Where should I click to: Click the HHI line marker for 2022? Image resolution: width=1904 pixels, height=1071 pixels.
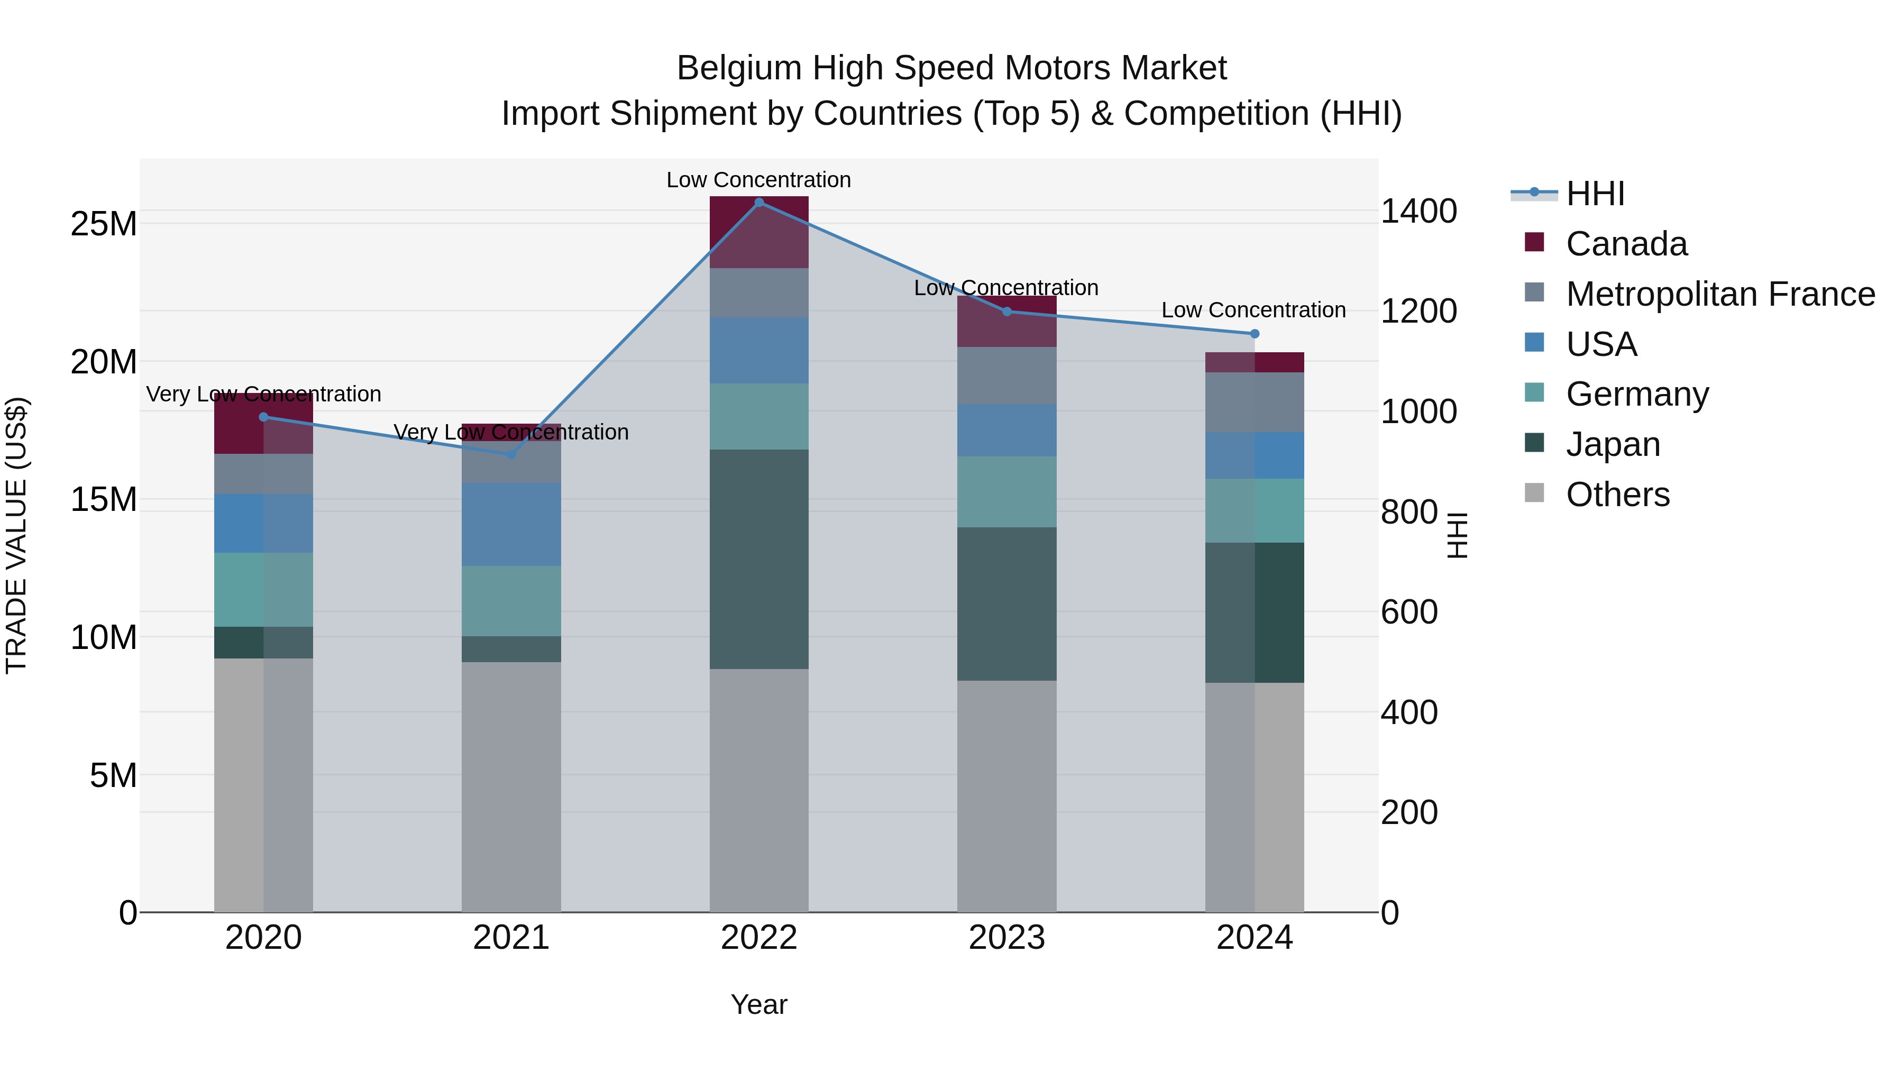coord(759,203)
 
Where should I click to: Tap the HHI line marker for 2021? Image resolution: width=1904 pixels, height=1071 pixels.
coord(511,454)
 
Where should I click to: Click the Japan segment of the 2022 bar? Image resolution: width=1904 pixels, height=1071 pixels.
coord(759,559)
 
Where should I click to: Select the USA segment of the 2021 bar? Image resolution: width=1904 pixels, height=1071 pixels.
coord(511,524)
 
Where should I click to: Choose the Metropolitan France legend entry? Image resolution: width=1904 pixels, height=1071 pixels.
coord(1720,294)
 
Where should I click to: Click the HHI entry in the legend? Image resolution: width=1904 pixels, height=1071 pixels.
coord(1594,194)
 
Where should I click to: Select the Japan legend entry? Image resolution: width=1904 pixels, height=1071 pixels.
coord(1613,444)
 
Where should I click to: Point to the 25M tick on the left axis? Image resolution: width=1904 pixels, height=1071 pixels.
coord(104,224)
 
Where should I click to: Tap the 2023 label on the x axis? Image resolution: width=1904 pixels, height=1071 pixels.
coord(1006,938)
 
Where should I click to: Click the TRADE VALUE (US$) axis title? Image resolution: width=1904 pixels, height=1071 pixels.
coord(16,535)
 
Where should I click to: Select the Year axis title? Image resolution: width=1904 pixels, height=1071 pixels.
coord(759,1004)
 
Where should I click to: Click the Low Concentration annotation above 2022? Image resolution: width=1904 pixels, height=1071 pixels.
coord(759,180)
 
